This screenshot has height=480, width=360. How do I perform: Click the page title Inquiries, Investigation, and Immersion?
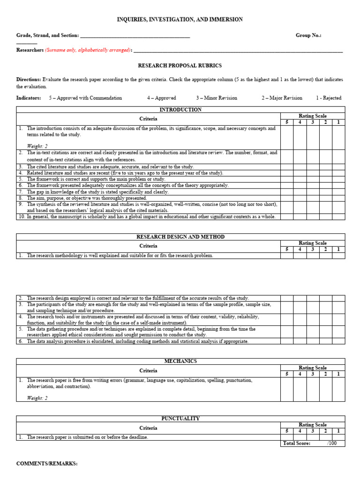click(x=180, y=19)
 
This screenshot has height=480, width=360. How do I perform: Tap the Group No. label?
click(x=308, y=35)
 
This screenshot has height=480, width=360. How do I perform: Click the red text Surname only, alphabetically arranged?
click(x=88, y=50)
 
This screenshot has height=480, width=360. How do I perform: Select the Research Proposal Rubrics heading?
click(x=180, y=66)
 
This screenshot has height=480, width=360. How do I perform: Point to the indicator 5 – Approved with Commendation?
click(x=85, y=98)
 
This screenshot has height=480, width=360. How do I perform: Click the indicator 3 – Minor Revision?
click(x=217, y=98)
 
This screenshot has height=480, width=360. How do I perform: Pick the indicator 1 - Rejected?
click(x=329, y=98)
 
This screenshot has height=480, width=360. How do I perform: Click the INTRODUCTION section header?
click(x=180, y=110)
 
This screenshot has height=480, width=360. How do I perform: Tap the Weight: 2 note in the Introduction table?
click(x=37, y=146)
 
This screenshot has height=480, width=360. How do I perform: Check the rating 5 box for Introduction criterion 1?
click(x=287, y=137)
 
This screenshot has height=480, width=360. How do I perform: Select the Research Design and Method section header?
click(x=180, y=237)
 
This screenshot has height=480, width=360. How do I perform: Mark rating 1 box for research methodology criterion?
click(x=338, y=255)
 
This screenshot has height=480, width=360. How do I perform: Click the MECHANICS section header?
click(x=180, y=361)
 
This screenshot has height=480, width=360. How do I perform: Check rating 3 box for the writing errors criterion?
click(x=313, y=389)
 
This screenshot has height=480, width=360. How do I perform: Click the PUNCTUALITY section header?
click(x=180, y=419)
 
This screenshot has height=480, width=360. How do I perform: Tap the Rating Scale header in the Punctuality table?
click(x=313, y=425)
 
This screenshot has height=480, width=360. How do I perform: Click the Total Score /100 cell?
click(x=313, y=443)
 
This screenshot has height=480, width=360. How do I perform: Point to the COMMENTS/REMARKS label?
click(x=47, y=464)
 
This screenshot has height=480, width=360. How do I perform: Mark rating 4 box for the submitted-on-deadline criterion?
click(x=300, y=437)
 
